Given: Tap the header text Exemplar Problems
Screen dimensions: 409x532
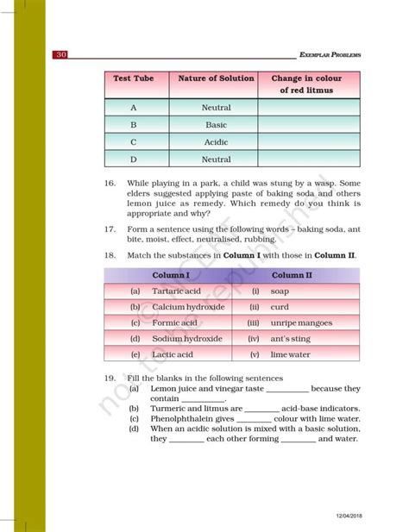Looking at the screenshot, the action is (x=329, y=55).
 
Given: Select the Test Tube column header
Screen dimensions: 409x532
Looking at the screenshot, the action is (x=133, y=78).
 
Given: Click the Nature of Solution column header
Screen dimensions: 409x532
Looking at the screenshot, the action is (x=216, y=78).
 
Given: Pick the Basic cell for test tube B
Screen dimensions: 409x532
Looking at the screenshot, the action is (x=216, y=125).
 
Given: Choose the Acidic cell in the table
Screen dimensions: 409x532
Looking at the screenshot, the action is (x=216, y=142).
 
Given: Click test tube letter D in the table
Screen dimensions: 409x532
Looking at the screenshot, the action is (x=133, y=160).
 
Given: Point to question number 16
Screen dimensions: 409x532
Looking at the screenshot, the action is (x=110, y=184).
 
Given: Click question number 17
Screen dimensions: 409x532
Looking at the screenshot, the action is (x=110, y=229).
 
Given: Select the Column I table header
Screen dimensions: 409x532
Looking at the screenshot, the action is (x=171, y=275).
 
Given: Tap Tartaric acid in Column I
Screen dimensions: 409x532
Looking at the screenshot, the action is (x=175, y=291).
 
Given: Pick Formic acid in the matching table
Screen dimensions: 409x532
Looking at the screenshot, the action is (x=173, y=322).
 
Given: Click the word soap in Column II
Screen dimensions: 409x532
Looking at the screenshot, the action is (x=280, y=291).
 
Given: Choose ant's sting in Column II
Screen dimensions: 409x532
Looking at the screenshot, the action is (x=289, y=339).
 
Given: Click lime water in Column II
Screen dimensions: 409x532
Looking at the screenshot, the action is (x=290, y=354).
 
